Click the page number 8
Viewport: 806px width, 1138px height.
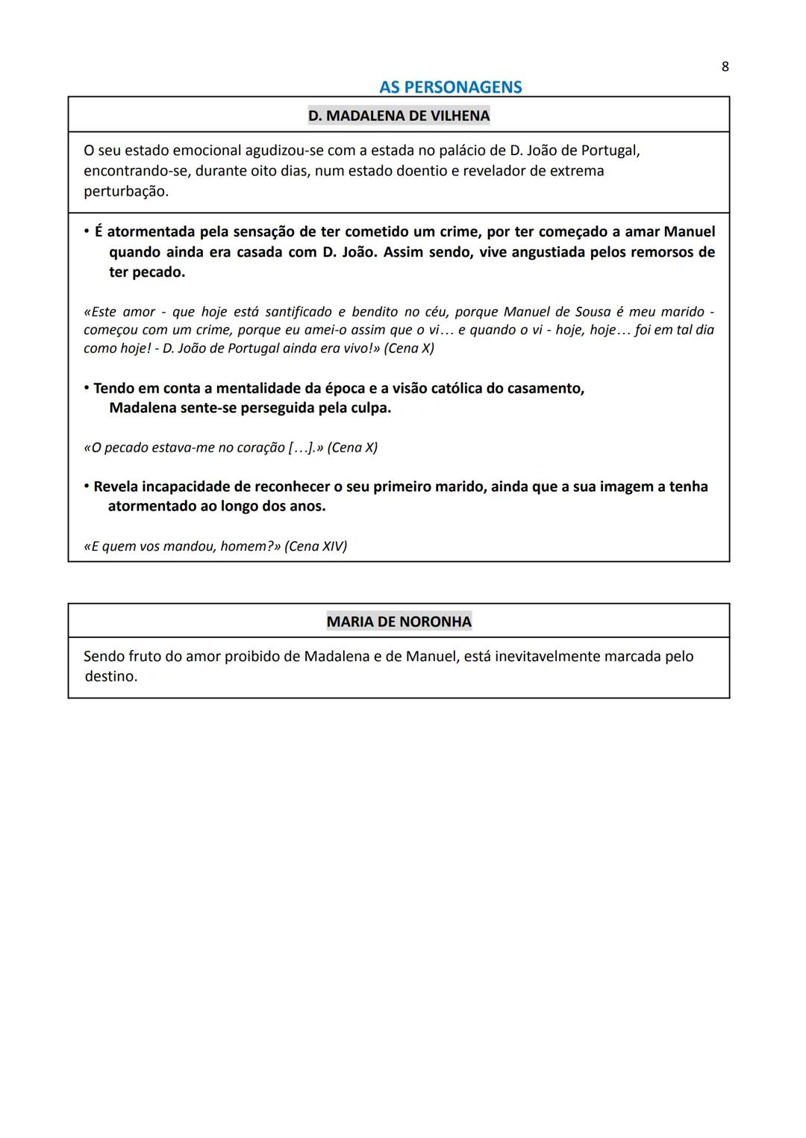725,67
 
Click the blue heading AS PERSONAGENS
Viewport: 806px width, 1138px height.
450,87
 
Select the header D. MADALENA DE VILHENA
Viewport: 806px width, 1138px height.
399,116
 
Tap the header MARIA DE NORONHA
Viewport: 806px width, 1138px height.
399,622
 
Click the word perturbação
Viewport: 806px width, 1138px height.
125,191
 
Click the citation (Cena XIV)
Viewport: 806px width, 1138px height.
316,546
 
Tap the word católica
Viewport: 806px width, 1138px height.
466,389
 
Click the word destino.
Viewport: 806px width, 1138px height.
110,677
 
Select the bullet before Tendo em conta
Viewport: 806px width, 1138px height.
87,389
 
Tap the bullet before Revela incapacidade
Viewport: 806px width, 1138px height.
87,487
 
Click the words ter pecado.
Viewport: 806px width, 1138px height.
147,272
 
